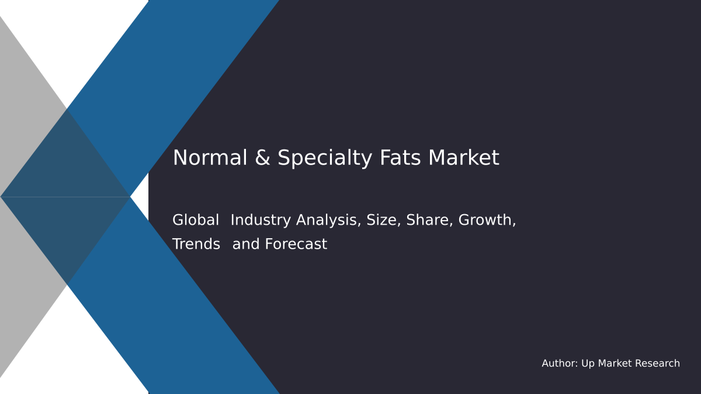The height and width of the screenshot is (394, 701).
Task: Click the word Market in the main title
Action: click(x=463, y=158)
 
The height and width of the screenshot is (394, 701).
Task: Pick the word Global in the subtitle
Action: click(x=196, y=220)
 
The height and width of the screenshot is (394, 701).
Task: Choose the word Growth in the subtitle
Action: click(x=487, y=220)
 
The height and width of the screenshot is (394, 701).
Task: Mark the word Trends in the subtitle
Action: click(x=196, y=244)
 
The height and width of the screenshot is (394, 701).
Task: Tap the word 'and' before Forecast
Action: click(x=245, y=244)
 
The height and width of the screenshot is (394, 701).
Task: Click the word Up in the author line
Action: click(x=588, y=364)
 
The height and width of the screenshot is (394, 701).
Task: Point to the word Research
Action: click(x=658, y=364)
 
